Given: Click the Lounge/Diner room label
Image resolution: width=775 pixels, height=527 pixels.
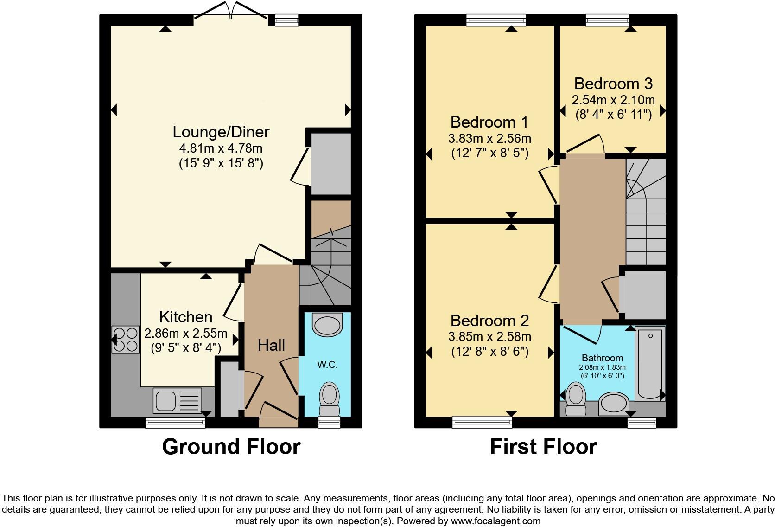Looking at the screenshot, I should tap(221, 132).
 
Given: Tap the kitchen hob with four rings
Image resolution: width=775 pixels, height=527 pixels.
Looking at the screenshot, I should tap(126, 340).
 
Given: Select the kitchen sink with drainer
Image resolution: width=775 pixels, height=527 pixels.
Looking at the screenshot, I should tap(177, 400).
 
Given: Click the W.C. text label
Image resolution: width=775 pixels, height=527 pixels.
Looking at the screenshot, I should tap(327, 365).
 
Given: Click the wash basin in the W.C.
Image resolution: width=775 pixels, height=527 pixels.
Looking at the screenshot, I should tap(327, 324).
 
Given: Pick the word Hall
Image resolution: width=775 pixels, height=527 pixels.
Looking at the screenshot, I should tap(271, 345).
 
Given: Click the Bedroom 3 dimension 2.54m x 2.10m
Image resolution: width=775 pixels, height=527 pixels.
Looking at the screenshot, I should tap(613, 100).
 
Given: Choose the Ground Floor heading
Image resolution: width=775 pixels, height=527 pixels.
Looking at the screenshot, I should tap(231, 447).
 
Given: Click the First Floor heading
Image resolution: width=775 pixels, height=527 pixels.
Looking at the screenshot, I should tap(543, 447).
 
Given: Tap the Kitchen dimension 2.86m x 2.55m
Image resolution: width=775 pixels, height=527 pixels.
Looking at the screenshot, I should tap(185, 334).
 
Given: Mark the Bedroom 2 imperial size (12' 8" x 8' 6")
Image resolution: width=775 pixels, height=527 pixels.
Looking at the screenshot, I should tap(489, 352).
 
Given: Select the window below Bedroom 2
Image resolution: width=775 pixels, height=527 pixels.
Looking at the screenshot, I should tap(482, 421).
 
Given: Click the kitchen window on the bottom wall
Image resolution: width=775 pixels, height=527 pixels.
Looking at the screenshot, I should tap(175, 422).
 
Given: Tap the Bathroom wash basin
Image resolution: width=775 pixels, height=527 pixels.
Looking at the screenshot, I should tap(614, 404).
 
